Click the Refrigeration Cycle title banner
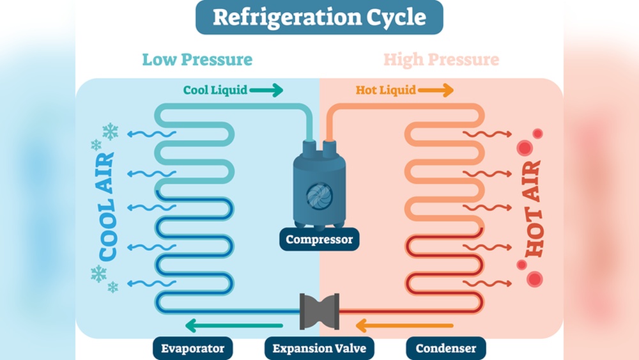pos(319,17)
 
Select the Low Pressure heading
pos(197,60)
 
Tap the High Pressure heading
pos(441,60)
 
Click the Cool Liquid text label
pos(215,90)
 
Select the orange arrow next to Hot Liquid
pos(436,90)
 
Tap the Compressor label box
pos(319,240)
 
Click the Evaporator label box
pos(192,348)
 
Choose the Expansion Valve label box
pos(319,348)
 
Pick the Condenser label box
pos(445,348)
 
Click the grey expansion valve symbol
pos(319,311)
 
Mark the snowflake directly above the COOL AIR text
pos(110,132)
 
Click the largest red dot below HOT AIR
pos(534,279)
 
